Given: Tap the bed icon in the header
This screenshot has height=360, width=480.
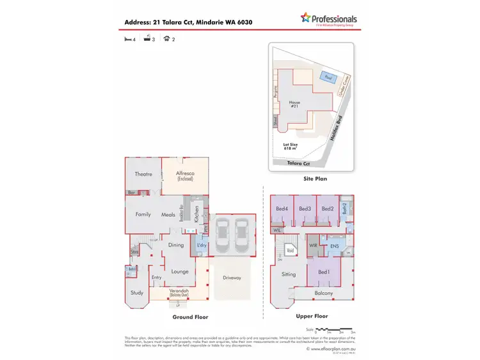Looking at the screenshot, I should click(127, 39).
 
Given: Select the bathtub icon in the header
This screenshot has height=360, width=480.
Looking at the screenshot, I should click(147, 39).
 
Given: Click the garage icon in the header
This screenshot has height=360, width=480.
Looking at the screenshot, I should click(166, 39).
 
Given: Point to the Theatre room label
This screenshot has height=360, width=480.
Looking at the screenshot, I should click(143, 174).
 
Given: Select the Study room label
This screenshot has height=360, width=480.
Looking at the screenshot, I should click(137, 293).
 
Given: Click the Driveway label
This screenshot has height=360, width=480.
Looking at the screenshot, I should click(231, 278).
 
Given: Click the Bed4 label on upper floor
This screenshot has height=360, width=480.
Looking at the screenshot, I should click(282, 208).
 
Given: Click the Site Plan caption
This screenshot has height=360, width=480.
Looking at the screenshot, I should click(315, 179).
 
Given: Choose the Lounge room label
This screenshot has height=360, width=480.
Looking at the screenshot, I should click(180, 271).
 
